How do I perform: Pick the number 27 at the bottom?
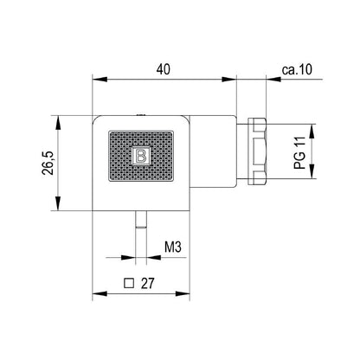pyautogui.click(x=147, y=282)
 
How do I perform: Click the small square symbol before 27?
pyautogui.click(x=130, y=282)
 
